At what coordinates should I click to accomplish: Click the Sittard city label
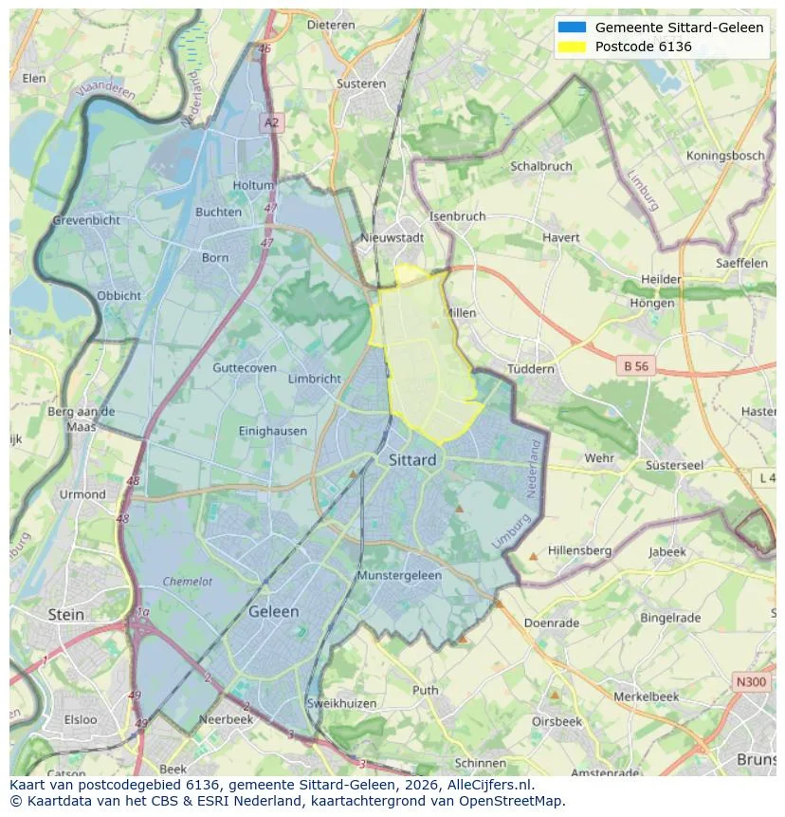click(x=412, y=460)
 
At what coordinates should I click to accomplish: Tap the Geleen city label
click(x=273, y=612)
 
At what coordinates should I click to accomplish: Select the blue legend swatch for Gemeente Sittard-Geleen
click(x=573, y=28)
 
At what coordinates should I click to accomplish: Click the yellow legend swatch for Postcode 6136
click(x=573, y=46)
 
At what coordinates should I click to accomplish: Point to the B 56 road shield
click(x=635, y=365)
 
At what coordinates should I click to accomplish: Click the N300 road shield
click(x=751, y=681)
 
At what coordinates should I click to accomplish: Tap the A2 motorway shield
click(x=272, y=122)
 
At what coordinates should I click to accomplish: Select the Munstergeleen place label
click(x=399, y=576)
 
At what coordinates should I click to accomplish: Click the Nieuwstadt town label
click(x=392, y=237)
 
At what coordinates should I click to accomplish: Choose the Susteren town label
click(x=361, y=84)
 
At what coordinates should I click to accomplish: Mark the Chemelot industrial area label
click(x=187, y=582)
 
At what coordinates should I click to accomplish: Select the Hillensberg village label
click(x=579, y=550)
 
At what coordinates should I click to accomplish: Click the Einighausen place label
click(x=273, y=431)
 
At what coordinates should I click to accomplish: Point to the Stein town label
click(x=66, y=615)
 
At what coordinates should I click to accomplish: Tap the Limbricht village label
click(x=314, y=379)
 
